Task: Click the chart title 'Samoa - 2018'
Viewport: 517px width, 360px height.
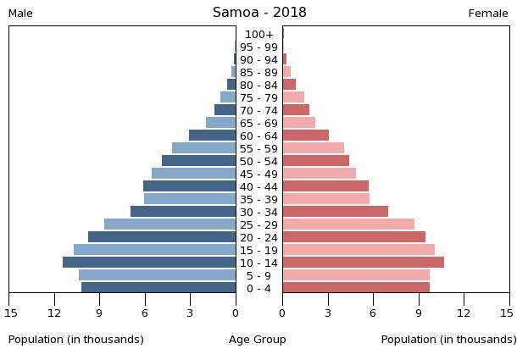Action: (x=259, y=13)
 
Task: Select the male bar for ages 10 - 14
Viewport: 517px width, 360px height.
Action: (x=149, y=263)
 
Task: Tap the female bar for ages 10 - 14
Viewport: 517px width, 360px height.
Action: (x=363, y=263)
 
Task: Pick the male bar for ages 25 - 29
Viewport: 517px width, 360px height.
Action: (x=170, y=224)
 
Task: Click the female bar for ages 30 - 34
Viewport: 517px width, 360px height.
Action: (x=335, y=212)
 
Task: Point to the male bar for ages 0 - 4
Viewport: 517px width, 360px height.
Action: (x=158, y=288)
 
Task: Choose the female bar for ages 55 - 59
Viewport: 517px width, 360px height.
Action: (x=313, y=148)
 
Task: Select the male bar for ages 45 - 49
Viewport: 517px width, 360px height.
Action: (x=193, y=174)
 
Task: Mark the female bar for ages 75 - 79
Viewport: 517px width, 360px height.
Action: (x=293, y=97)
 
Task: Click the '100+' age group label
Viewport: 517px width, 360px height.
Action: (x=258, y=35)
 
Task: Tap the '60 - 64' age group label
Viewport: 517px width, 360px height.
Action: (x=258, y=136)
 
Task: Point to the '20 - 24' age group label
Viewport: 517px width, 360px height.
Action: (x=258, y=238)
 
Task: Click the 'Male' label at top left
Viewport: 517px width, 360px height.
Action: (x=20, y=14)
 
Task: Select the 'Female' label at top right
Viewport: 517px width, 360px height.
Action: (x=488, y=14)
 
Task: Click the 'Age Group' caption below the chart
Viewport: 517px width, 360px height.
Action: (x=258, y=340)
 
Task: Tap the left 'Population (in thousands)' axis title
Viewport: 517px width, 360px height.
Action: (x=76, y=340)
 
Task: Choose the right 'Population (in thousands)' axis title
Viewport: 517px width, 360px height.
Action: (x=448, y=340)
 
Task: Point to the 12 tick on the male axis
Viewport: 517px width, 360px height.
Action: (x=55, y=313)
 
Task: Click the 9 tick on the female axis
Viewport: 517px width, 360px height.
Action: (x=419, y=313)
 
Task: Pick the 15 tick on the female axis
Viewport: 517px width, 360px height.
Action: (x=507, y=313)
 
